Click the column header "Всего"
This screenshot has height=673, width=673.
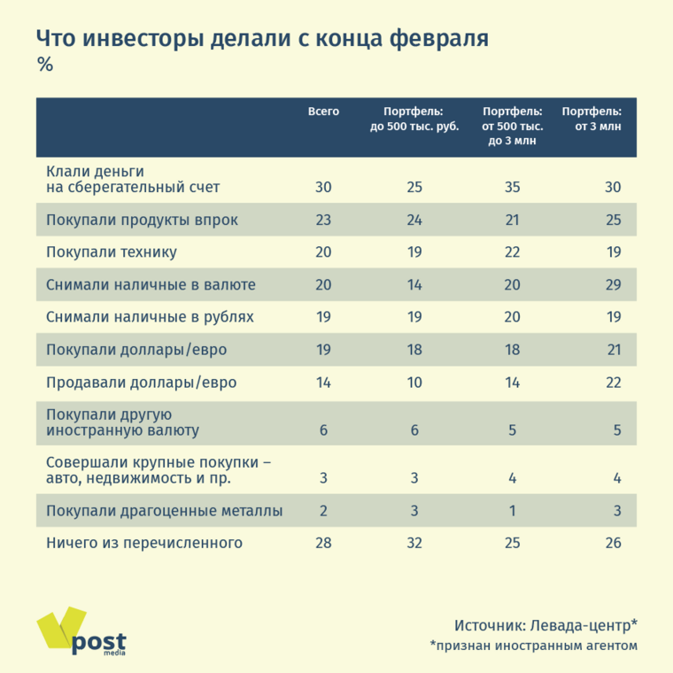point(323,112)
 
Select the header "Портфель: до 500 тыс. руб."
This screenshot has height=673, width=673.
point(414,120)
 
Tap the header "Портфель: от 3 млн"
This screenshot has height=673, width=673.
point(592,120)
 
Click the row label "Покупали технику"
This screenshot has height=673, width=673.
point(112,252)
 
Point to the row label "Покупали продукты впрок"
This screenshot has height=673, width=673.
point(142,220)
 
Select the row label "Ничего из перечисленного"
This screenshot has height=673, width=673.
point(143,543)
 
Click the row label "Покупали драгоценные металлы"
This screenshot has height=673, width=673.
point(164,511)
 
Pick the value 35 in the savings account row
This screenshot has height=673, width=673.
point(512,188)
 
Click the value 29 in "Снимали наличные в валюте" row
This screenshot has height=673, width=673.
point(612,285)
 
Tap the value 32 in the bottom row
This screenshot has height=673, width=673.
point(414,543)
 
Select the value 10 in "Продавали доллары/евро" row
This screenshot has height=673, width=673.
point(414,383)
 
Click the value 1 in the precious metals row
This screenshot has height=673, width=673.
point(513,511)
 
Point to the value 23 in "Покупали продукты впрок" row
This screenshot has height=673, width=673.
point(323,220)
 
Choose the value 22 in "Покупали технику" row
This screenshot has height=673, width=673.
point(512,252)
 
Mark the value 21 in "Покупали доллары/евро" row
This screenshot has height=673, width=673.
point(612,350)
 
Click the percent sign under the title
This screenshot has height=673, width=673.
point(45,65)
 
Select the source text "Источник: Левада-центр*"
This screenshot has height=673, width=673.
point(545,624)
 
